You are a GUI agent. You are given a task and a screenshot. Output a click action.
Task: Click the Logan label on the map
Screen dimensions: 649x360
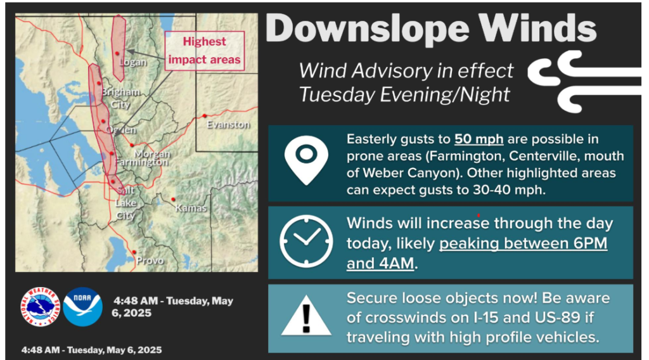(x=133, y=63)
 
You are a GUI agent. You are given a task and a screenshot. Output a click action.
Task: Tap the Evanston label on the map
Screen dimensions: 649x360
(x=228, y=125)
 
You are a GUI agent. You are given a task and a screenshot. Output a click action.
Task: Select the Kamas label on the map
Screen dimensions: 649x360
(x=191, y=208)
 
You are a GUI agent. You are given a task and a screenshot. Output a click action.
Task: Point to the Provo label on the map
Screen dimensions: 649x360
(x=150, y=260)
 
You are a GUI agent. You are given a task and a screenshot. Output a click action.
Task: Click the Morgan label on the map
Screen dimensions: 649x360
(x=152, y=153)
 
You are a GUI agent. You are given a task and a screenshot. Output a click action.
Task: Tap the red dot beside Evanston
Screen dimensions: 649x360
(x=205, y=116)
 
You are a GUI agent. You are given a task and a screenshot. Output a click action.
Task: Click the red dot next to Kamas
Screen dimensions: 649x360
(x=173, y=200)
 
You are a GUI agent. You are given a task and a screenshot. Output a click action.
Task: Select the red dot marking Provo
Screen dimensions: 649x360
(x=134, y=252)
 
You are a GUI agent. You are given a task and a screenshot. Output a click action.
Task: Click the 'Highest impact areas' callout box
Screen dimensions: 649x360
(x=205, y=51)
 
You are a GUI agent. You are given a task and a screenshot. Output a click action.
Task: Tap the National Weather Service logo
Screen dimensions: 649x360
(x=40, y=307)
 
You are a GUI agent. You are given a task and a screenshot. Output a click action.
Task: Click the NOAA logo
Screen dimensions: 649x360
(x=83, y=307)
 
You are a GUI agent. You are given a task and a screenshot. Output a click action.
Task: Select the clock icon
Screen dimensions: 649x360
(x=306, y=241)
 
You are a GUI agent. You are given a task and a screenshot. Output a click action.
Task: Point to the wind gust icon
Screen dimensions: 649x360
(x=584, y=82)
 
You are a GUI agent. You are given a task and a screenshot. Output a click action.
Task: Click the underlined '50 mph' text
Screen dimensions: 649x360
(x=479, y=139)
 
